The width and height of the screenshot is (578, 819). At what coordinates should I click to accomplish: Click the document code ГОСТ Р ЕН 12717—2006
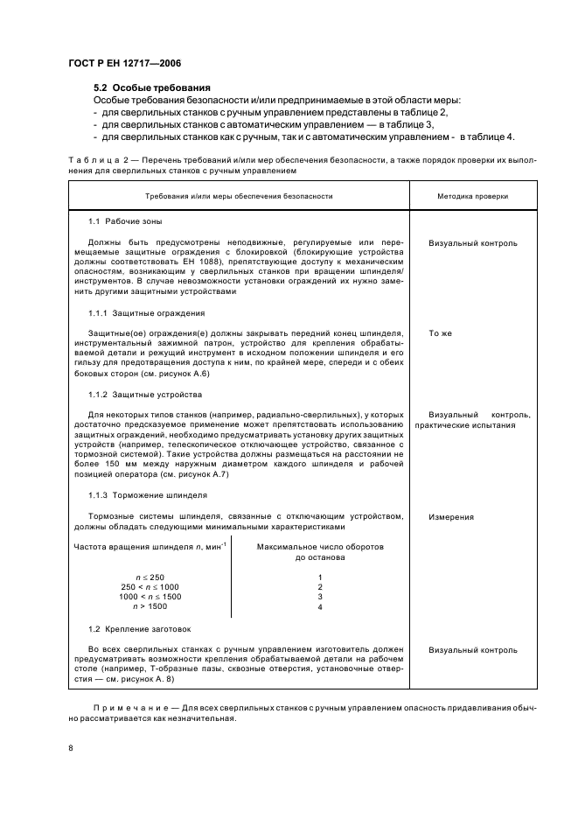click(124, 64)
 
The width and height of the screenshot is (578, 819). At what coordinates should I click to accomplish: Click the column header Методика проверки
click(473, 197)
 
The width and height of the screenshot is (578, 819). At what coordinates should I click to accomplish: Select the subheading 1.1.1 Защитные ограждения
click(147, 312)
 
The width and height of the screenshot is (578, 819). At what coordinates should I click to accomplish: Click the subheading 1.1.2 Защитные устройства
click(145, 395)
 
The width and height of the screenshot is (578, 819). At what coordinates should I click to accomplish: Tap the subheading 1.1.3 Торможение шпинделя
click(146, 494)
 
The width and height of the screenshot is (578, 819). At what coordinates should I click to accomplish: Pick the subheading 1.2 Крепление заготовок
click(140, 629)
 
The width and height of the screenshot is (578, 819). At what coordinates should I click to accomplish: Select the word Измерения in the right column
click(451, 516)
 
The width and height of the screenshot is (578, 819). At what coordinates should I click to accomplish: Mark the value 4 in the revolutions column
click(320, 606)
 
